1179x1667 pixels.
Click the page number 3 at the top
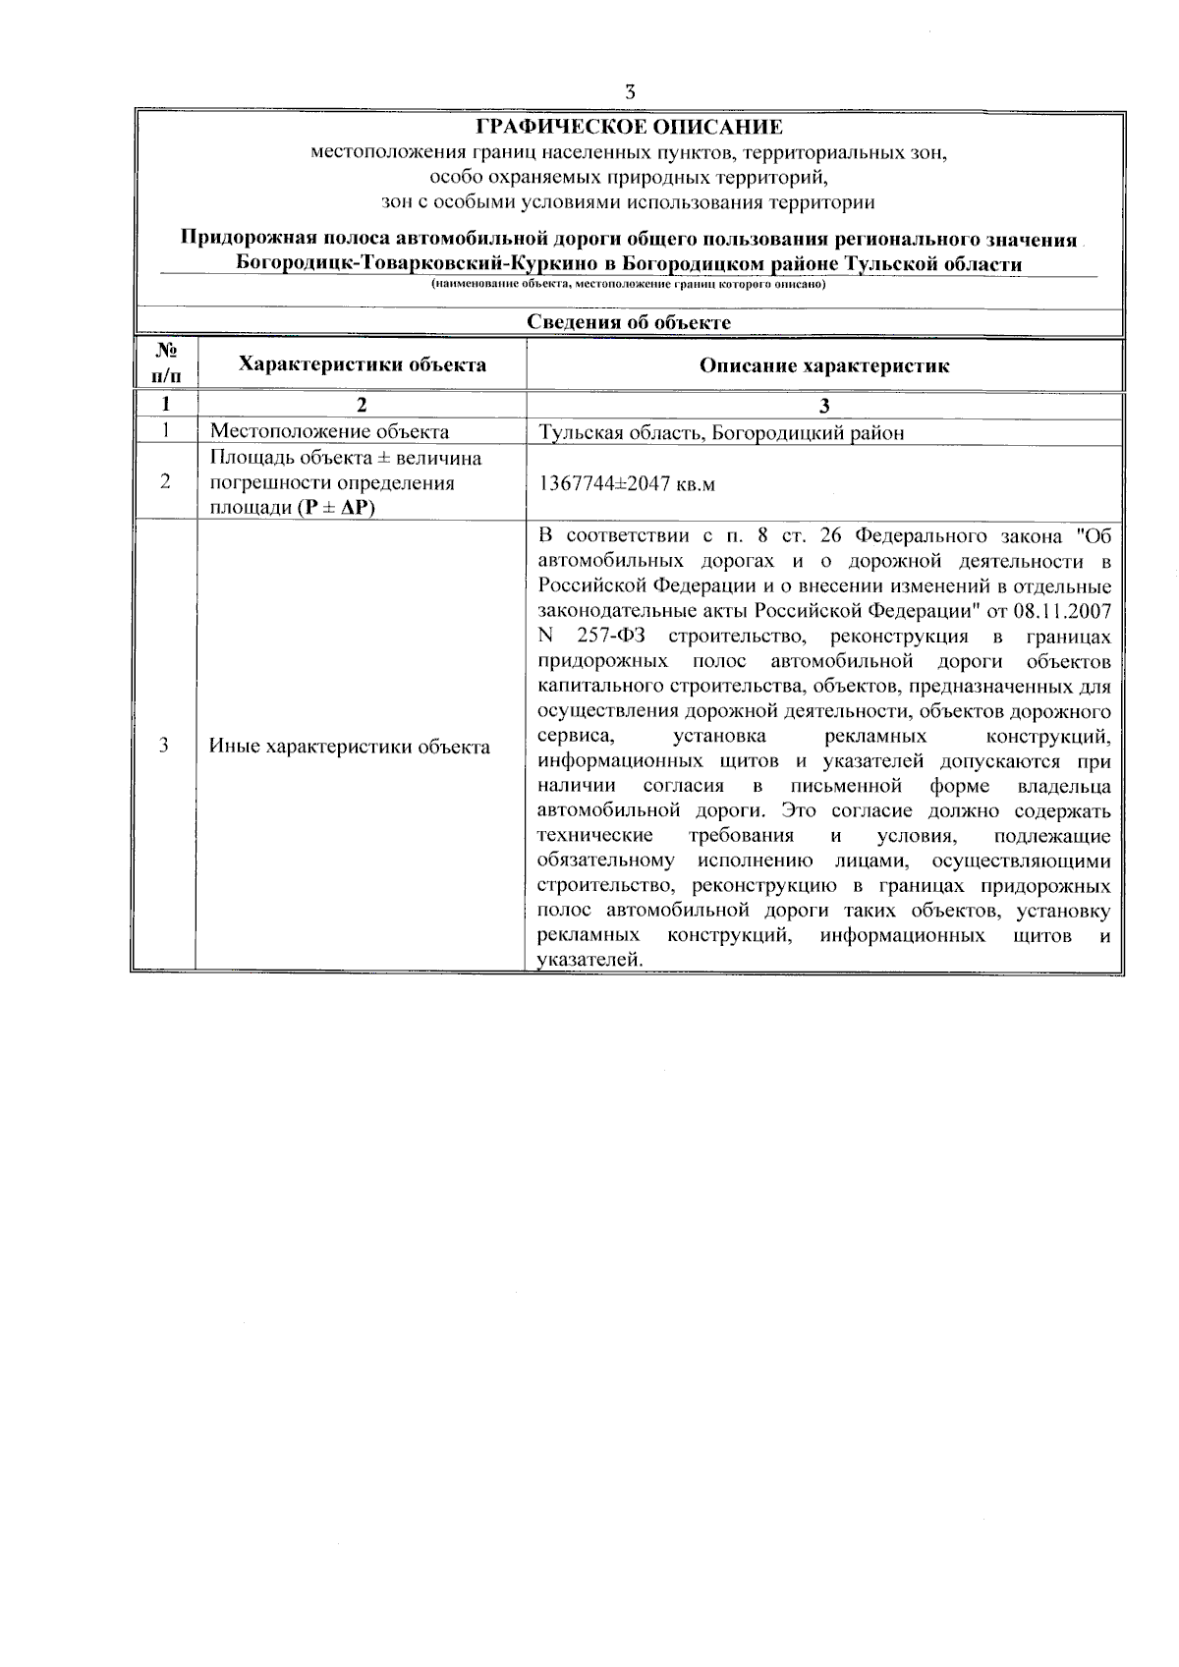tap(629, 91)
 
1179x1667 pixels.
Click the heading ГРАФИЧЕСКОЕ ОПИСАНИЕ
tap(629, 127)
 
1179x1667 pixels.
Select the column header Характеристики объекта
tap(363, 365)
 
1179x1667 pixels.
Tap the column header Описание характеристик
tap(824, 366)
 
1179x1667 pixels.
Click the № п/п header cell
tap(166, 364)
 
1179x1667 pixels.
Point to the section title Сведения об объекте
tap(629, 322)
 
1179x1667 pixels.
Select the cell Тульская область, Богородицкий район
tap(721, 432)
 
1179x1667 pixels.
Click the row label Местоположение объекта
tap(329, 431)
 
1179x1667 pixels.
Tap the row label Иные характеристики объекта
tap(350, 747)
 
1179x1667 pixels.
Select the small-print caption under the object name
tap(629, 285)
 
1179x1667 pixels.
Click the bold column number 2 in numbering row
tap(361, 405)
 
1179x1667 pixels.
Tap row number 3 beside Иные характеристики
tap(164, 746)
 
